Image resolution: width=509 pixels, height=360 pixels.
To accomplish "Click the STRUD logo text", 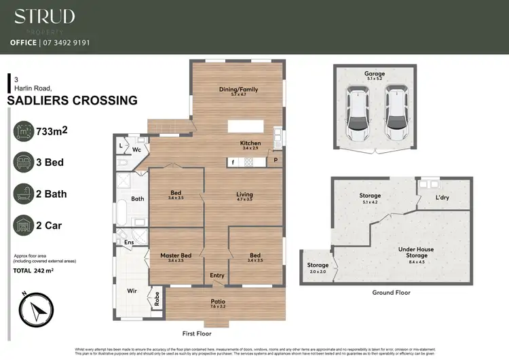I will click(45, 16).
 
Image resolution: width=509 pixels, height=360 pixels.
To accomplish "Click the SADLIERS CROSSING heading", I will click(71, 101).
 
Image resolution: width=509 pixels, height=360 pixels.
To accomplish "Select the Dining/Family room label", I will click(238, 89).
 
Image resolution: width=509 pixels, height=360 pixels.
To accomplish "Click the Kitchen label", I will click(250, 143).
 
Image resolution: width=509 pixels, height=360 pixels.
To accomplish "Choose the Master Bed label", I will click(176, 255).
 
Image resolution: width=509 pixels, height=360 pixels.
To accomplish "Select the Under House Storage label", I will click(417, 252).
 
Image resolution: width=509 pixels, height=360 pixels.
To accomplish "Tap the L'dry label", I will click(442, 198).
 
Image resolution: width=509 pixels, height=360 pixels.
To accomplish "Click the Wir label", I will click(132, 290).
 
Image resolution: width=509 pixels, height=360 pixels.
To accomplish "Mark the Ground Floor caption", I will click(391, 293).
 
